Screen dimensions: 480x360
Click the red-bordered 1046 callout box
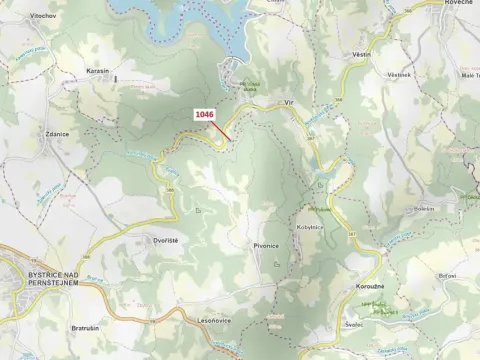[x=204, y=115]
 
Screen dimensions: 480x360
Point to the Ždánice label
[x=57, y=133]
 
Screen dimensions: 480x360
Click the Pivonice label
[x=265, y=245]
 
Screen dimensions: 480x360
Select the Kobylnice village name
[x=310, y=227]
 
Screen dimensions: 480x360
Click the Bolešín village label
[x=424, y=208]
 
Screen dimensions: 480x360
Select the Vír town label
[x=289, y=101]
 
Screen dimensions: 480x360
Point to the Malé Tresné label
[x=469, y=75]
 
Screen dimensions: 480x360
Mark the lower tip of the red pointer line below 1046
[x=232, y=140]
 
